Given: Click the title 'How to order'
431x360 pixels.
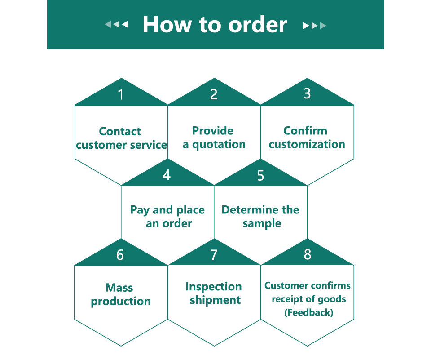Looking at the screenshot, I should point(215,24).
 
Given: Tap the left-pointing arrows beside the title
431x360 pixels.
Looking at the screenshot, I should point(116,25).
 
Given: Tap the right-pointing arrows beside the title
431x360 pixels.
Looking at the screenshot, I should point(314,26).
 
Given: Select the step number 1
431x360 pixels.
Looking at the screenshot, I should point(120,95).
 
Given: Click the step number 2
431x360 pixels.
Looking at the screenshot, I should point(214,94).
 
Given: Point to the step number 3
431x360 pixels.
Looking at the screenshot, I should point(307,93).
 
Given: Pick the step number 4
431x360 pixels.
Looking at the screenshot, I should point(167,175).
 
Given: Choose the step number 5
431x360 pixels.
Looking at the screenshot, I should point(260,175).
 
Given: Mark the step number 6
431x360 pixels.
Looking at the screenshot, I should point(120,255).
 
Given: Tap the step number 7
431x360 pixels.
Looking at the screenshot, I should point(214,255).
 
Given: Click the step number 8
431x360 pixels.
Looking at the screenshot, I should point(307,254).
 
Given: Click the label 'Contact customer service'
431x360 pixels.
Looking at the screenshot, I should point(121,138).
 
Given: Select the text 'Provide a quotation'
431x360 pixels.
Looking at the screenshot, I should point(214,138).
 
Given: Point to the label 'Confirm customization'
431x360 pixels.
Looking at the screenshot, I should point(307,138).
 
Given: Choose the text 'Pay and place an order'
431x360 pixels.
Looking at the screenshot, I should point(167,217).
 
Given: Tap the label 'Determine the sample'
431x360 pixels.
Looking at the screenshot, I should point(260,217).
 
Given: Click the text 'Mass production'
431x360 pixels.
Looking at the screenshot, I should point(120,294).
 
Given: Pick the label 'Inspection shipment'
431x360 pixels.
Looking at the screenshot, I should point(214,293).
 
